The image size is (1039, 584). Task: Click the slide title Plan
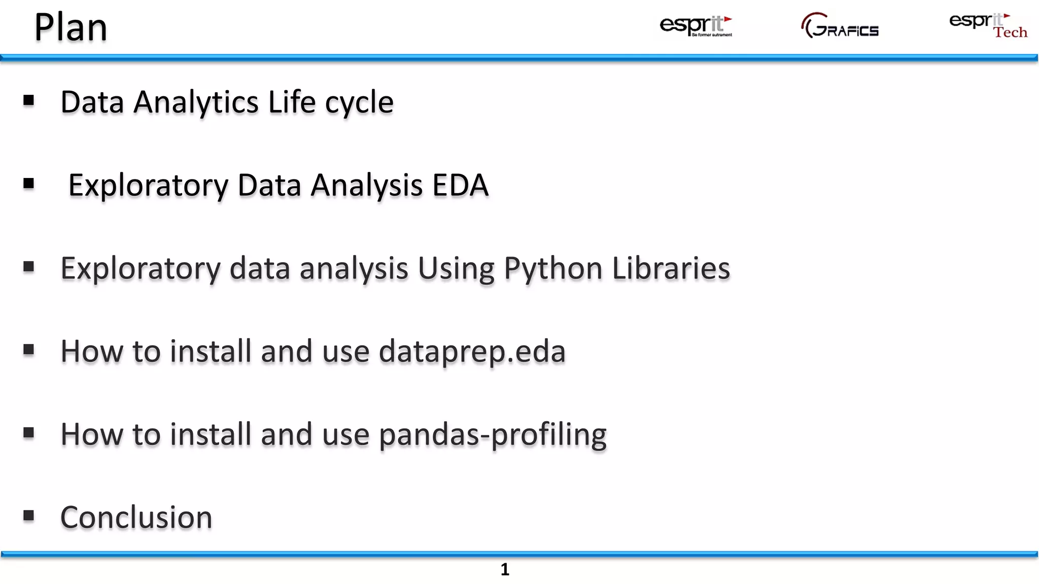71,27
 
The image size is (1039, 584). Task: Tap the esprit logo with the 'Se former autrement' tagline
696,26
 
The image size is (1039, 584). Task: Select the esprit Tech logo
988,26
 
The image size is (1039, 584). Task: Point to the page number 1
505,570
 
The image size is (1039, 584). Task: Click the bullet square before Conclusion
29,516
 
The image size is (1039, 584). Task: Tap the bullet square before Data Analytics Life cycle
29,101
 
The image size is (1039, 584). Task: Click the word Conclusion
136,518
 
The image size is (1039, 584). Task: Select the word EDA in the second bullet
460,185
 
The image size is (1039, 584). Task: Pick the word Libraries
671,268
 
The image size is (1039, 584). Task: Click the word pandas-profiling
492,435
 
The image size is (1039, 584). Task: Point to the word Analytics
196,102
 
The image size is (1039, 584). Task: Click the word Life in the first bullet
292,102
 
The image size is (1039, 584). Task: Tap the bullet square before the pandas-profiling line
29,433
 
